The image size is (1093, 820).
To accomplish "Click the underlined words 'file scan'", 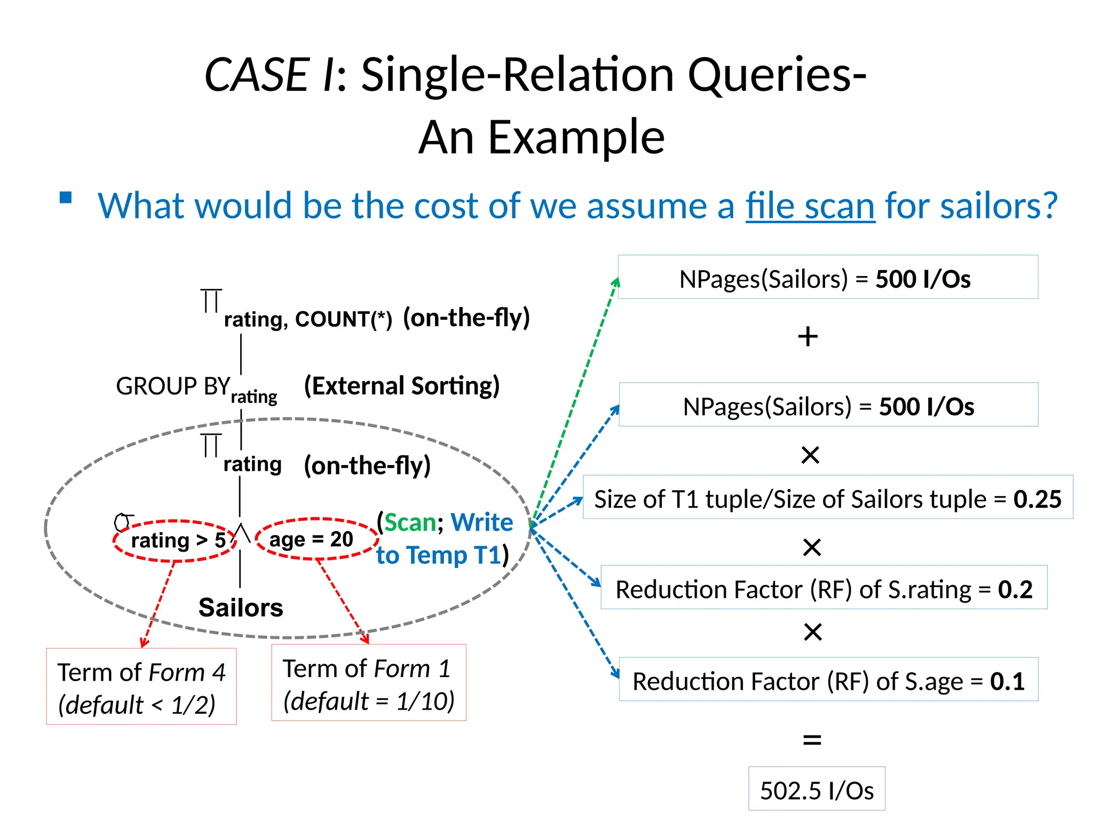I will [x=810, y=206].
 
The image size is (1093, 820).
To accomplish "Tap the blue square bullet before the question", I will [x=66, y=198].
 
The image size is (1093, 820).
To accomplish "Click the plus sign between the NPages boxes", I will [x=808, y=337].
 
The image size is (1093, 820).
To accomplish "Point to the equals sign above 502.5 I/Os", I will [x=812, y=740].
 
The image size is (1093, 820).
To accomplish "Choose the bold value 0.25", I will [x=1037, y=499].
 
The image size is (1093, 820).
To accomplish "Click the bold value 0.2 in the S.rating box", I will [x=1015, y=589].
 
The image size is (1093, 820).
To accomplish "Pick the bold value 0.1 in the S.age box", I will [x=1007, y=681].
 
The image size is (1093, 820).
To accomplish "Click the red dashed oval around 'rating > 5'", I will [x=175, y=541].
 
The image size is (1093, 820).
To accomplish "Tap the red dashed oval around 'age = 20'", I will [x=316, y=539].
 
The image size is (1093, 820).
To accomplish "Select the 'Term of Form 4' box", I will [x=141, y=687].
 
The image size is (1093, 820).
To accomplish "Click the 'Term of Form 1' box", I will [x=369, y=683].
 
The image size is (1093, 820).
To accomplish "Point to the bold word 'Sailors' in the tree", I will [x=241, y=608].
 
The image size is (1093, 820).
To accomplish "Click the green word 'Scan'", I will [x=410, y=522].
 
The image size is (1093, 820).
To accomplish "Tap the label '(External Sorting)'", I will [x=402, y=385].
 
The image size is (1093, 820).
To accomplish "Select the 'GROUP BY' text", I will [x=172, y=386].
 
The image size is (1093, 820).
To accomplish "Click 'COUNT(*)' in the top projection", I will [x=343, y=319].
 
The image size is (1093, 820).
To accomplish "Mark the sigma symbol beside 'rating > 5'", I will [x=123, y=522].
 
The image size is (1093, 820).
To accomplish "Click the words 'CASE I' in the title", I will [x=270, y=75].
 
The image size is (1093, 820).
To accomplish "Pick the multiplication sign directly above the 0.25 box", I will [x=810, y=455].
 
